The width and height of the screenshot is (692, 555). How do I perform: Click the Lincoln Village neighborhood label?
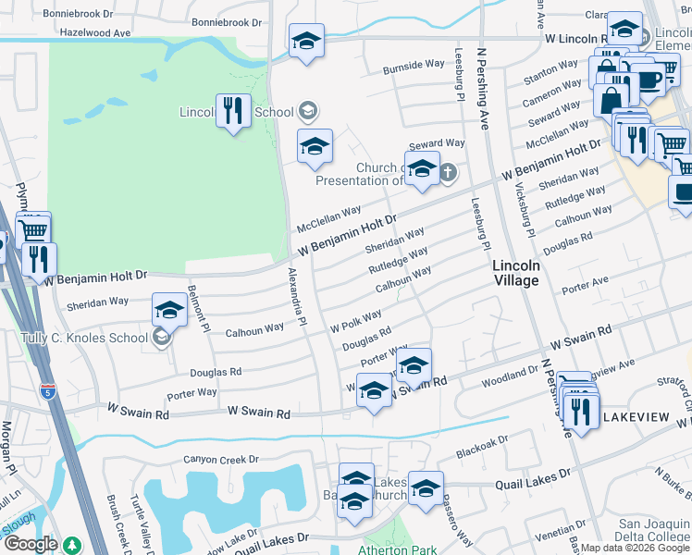point(516,272)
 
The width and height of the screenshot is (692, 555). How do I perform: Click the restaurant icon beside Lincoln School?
point(231,112)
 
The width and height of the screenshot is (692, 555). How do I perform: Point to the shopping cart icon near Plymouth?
point(32,228)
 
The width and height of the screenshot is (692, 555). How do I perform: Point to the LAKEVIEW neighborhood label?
point(636,418)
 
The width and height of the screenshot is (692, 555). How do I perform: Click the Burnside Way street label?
point(414,66)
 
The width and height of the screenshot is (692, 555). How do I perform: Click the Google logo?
point(30,544)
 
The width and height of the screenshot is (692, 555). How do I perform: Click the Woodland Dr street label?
point(510,372)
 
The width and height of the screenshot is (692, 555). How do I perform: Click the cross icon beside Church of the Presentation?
point(448,171)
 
